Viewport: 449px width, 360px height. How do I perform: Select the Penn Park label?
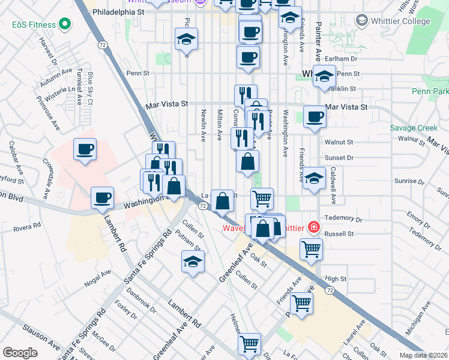pos(430,92)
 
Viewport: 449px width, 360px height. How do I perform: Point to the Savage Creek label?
pos(414,128)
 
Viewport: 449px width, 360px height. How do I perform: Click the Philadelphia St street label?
pos(119,11)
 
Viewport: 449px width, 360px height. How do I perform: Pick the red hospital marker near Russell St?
pos(313,227)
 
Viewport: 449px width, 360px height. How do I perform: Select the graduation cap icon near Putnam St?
pos(193,262)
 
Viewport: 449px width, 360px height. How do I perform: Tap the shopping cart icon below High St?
pos(301,304)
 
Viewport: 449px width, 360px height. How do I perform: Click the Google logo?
pos(20,352)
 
